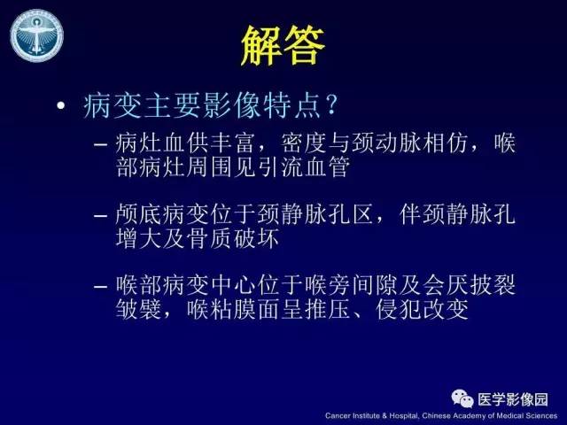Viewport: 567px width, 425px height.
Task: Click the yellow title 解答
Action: (x=283, y=45)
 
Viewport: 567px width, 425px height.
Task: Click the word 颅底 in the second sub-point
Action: (x=138, y=215)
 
